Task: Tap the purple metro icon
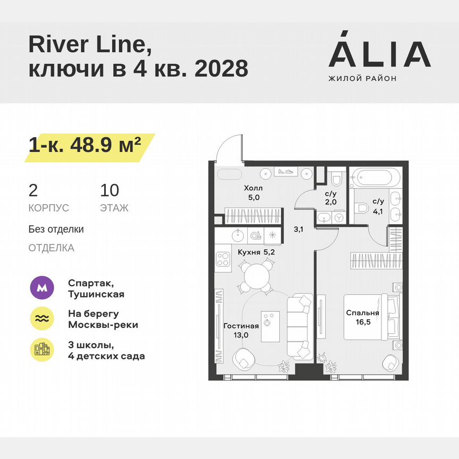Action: pyautogui.click(x=42, y=288)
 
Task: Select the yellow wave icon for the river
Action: pyautogui.click(x=42, y=319)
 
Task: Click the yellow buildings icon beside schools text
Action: pyautogui.click(x=42, y=350)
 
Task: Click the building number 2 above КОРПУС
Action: pyautogui.click(x=33, y=190)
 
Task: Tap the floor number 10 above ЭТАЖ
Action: pyautogui.click(x=110, y=190)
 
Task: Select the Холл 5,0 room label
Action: pyautogui.click(x=253, y=193)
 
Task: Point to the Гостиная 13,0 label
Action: pyautogui.click(x=241, y=330)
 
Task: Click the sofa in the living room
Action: pyautogui.click(x=300, y=325)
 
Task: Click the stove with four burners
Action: pyautogui.click(x=222, y=259)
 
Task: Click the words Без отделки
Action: pyautogui.click(x=56, y=229)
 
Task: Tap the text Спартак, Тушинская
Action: pyautogui.click(x=96, y=288)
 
